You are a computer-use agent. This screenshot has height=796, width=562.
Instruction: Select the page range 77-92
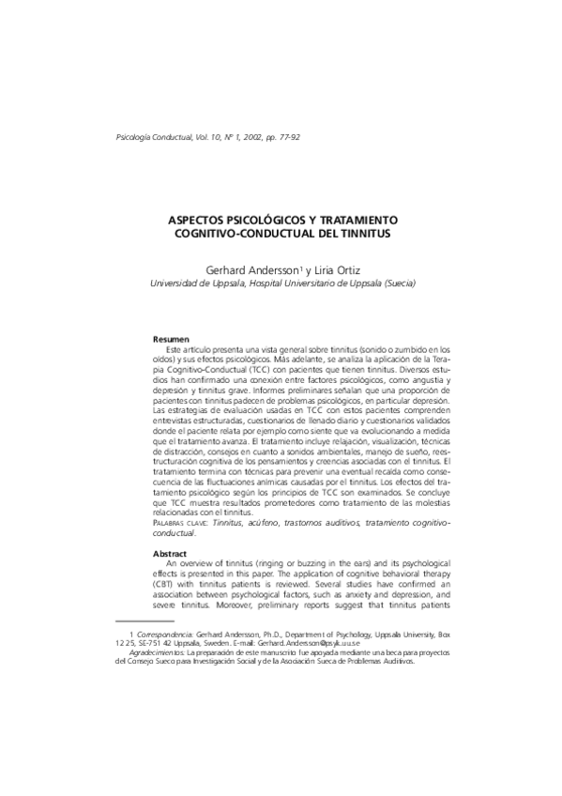[287, 137]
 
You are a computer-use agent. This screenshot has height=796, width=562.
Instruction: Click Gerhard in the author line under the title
[236, 268]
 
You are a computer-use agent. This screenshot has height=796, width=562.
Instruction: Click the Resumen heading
[172, 338]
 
